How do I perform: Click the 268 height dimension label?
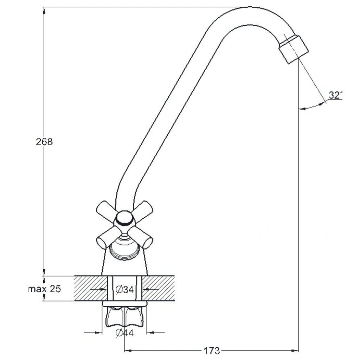point(44,142)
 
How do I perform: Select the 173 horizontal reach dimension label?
point(212,351)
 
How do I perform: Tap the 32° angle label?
point(335,95)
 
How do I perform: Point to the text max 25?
point(45,289)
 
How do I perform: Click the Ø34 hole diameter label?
point(125,290)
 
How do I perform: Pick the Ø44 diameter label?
point(125,333)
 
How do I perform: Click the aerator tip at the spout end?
point(294,49)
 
